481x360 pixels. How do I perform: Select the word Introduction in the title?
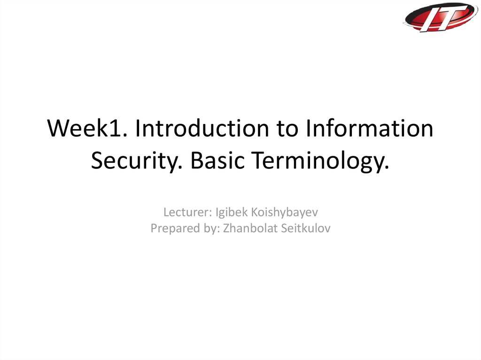[x=202, y=128]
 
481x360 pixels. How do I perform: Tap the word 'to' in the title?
[x=287, y=128]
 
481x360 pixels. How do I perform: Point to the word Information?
[x=369, y=128]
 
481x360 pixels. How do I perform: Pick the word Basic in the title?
[x=217, y=160]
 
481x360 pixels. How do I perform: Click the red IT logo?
[x=441, y=17]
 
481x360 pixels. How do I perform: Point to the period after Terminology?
[x=387, y=168]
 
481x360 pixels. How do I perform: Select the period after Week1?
[x=125, y=135]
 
